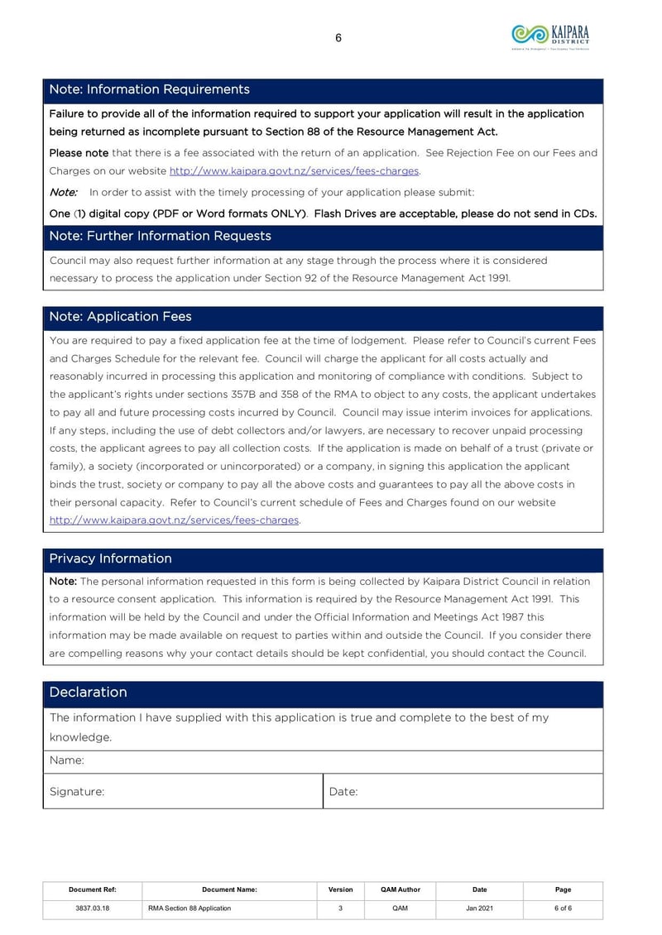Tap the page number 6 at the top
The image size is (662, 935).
(338, 37)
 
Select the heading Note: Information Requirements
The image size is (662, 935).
(149, 89)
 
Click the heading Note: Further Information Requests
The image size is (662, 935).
(160, 236)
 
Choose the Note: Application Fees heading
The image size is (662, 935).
(120, 317)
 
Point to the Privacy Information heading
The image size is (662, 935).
(110, 559)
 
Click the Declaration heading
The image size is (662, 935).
(88, 692)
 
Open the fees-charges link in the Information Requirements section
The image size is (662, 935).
(294, 170)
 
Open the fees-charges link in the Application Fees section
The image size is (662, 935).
(174, 520)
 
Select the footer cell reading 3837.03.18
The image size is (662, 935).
(92, 909)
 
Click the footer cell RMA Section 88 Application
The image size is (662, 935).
(189, 909)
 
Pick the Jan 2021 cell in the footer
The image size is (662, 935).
(479, 909)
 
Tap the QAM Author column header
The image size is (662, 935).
(400, 889)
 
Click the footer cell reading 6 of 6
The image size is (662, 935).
(563, 909)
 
